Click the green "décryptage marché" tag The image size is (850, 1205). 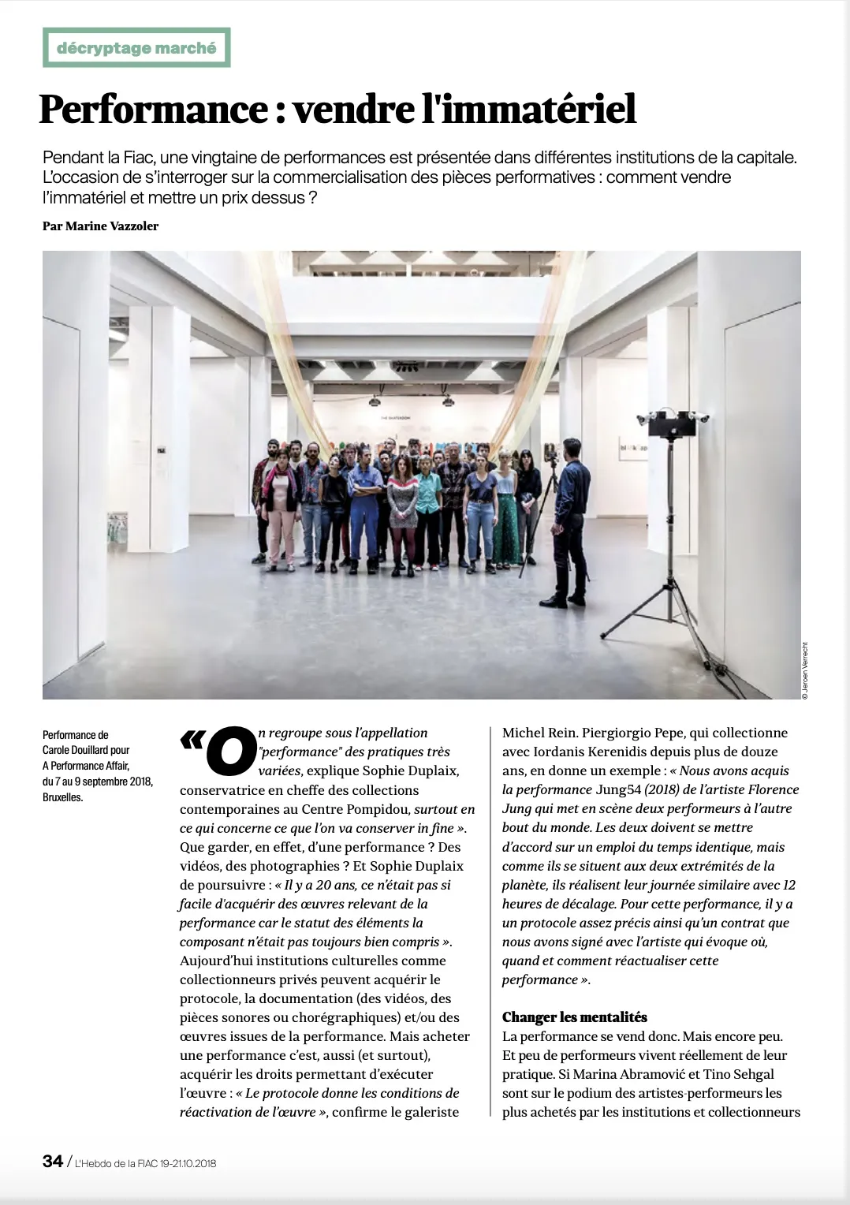pyautogui.click(x=136, y=48)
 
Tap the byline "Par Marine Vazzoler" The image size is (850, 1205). pyautogui.click(x=100, y=226)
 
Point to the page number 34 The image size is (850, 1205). pyautogui.click(x=53, y=1162)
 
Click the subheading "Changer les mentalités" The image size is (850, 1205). pyautogui.click(x=574, y=1017)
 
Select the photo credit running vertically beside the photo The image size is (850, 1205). pyautogui.click(x=805, y=668)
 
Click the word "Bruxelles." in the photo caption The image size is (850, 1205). pyautogui.click(x=62, y=797)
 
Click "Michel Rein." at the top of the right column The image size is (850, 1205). pyautogui.click(x=539, y=733)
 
